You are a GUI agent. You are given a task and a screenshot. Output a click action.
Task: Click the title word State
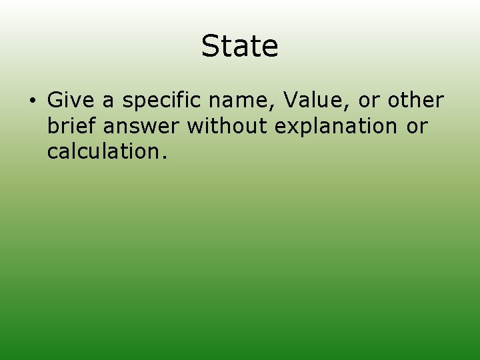click(x=239, y=46)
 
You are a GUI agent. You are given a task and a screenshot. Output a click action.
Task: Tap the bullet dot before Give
click(x=31, y=101)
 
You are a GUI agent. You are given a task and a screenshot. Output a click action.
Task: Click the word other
click(x=415, y=100)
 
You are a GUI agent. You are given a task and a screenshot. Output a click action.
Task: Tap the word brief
click(x=70, y=125)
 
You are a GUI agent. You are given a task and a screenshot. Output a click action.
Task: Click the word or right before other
click(x=369, y=101)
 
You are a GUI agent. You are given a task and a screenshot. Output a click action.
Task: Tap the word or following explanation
click(x=417, y=126)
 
